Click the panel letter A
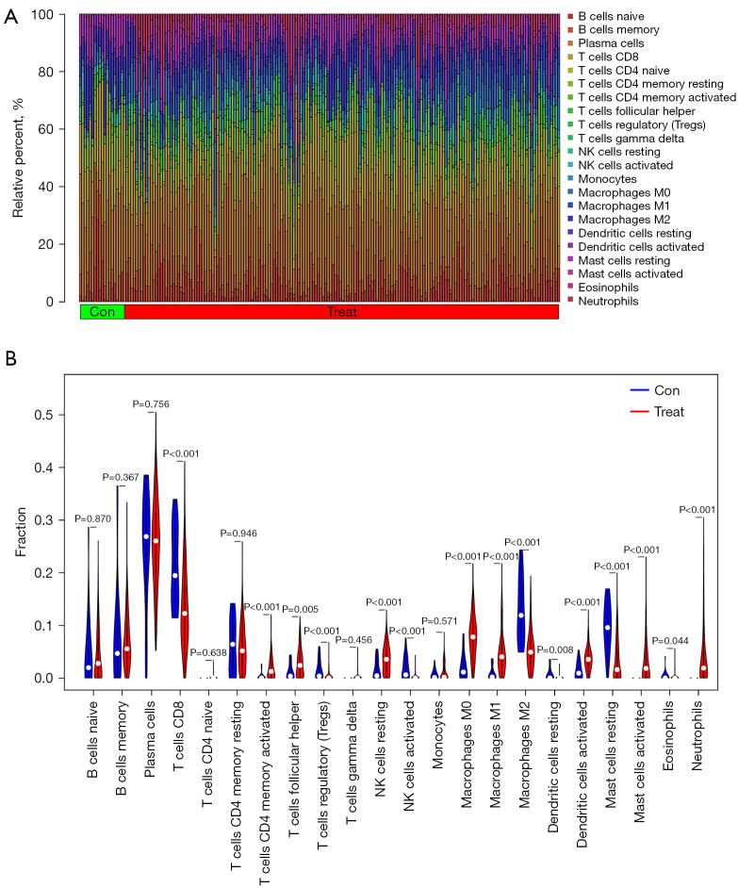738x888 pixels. pos(10,19)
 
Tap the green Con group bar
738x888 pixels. pos(102,312)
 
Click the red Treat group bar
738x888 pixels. pos(341,312)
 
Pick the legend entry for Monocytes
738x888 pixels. pos(607,179)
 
